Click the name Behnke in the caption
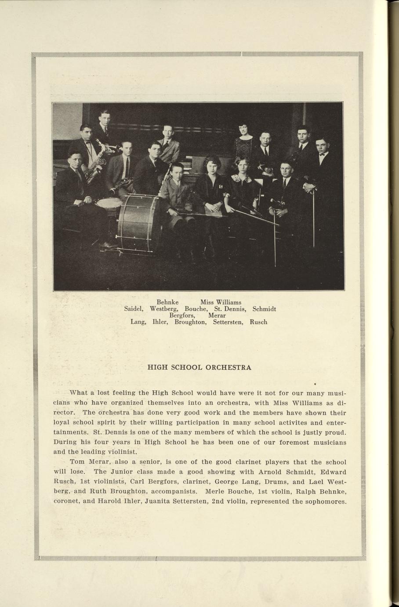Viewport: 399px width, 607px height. pos(167,303)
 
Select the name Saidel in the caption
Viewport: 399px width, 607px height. pos(134,309)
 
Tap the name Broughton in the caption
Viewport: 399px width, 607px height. pos(190,322)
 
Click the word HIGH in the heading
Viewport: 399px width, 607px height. pos(156,367)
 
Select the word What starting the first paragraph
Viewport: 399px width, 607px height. pos(79,392)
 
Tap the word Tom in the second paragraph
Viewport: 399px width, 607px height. pos(76,462)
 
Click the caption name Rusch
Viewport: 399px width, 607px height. pos(258,322)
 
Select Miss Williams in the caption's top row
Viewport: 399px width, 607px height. pos(221,303)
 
